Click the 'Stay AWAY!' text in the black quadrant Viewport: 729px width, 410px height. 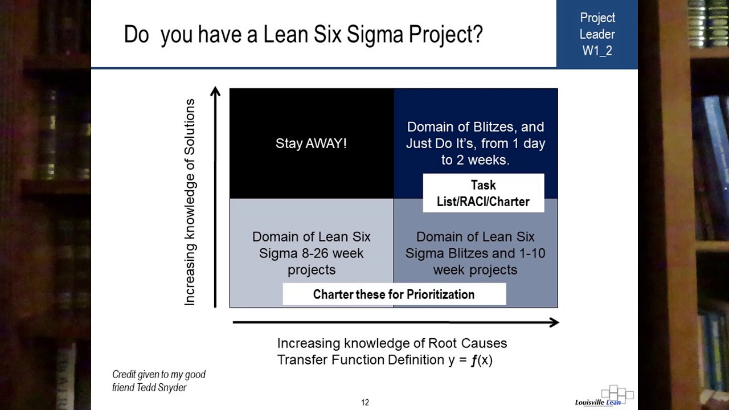tap(311, 143)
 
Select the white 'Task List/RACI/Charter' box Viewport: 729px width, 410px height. tap(483, 194)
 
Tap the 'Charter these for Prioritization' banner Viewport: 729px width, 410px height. tap(394, 294)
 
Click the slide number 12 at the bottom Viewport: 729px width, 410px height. tap(365, 403)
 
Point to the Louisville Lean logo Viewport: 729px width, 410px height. tap(604, 397)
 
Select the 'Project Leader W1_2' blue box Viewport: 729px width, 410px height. tap(597, 34)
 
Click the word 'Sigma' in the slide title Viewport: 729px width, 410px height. tap(375, 34)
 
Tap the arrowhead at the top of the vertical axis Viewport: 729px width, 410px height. tap(215, 92)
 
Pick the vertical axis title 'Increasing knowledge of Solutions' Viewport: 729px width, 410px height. tap(190, 202)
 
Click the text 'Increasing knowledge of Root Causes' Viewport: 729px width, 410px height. tap(392, 343)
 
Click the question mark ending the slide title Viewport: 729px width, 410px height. tap(477, 34)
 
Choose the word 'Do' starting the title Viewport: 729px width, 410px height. tap(136, 35)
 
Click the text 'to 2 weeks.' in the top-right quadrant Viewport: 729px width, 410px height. tap(475, 160)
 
